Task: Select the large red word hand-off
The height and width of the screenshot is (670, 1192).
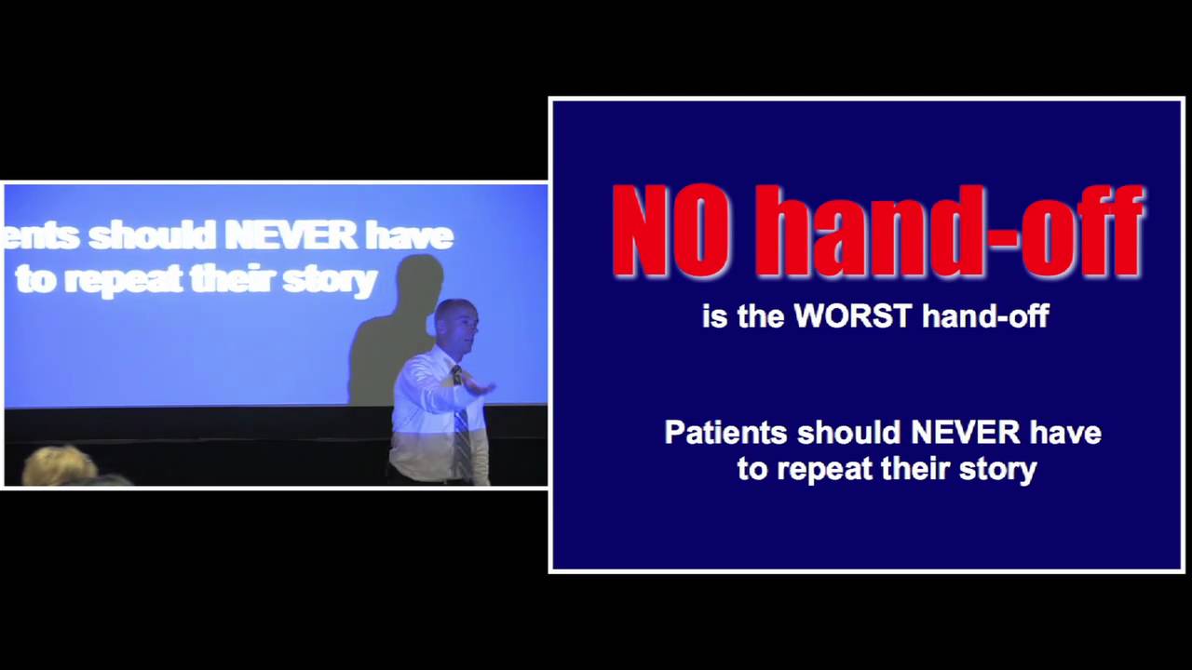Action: [948, 231]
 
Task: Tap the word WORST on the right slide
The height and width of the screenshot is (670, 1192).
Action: [852, 316]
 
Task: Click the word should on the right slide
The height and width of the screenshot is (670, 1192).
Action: [848, 433]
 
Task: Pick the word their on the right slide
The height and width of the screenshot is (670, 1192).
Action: [920, 468]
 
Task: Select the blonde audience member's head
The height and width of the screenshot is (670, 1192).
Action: [58, 465]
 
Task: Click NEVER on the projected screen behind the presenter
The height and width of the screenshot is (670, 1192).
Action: [291, 236]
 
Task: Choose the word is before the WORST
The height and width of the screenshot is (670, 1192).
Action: [714, 316]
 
